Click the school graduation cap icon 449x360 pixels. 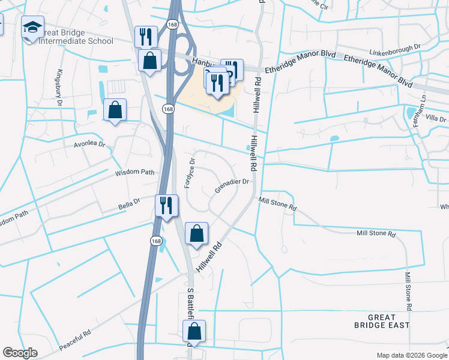(32, 27)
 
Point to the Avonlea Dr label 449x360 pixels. (89, 145)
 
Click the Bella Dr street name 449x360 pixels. (128, 205)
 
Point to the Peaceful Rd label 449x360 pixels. (75, 340)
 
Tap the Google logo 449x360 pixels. (20, 353)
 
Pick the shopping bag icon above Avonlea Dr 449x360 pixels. (115, 110)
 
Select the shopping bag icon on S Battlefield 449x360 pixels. (194, 331)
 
